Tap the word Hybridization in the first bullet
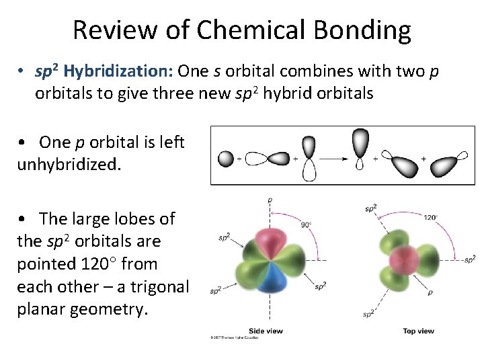118,71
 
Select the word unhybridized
69,164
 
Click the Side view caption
266,331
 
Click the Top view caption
418,331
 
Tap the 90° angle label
306,225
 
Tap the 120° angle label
431,217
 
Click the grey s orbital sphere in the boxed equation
226,159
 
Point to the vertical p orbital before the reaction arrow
309,159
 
